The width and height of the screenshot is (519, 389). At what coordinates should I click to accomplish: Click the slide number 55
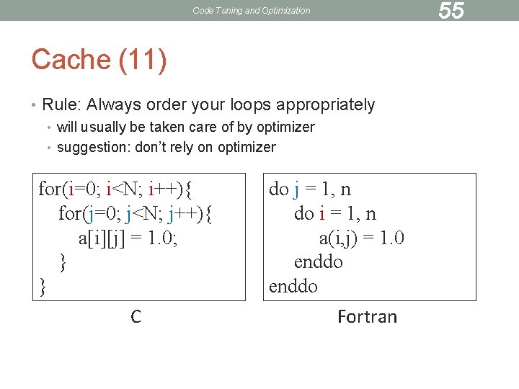click(x=451, y=11)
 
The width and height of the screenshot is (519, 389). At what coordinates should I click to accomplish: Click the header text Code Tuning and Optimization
click(x=252, y=11)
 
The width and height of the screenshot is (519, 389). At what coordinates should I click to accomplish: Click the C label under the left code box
click(x=136, y=316)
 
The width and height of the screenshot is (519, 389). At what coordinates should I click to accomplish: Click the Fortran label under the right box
click(x=367, y=317)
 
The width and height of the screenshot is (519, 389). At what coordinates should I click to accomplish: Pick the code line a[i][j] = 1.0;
click(x=128, y=238)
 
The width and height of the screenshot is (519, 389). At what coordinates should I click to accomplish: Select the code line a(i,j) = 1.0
click(x=361, y=238)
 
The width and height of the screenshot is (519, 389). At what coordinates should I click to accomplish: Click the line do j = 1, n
click(x=310, y=189)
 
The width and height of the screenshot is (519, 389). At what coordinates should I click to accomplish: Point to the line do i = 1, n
click(x=334, y=214)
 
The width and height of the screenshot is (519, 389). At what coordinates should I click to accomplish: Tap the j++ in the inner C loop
click(x=182, y=214)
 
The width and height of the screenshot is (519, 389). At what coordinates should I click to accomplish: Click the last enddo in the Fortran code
click(x=293, y=286)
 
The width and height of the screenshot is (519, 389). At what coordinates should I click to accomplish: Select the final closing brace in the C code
click(x=43, y=286)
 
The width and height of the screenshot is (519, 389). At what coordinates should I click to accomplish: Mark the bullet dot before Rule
click(x=35, y=106)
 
